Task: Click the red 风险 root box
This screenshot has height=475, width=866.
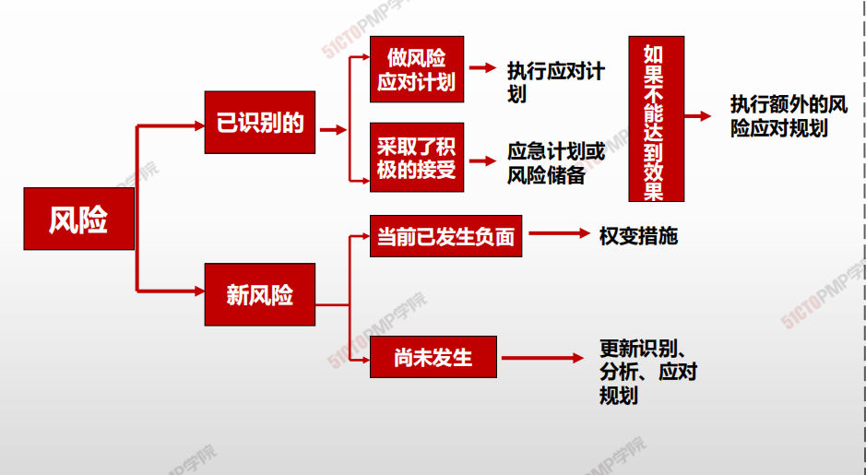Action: tap(79, 219)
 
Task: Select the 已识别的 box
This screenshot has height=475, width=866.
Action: tap(259, 122)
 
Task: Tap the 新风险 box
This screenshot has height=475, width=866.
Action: tap(259, 294)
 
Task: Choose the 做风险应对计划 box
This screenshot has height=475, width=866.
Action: tap(417, 69)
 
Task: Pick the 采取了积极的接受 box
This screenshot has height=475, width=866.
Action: tap(417, 158)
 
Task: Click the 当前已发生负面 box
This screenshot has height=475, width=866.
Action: tap(445, 236)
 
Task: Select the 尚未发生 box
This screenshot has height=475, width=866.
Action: tap(433, 357)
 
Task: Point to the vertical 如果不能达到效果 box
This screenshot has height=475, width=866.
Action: tap(656, 119)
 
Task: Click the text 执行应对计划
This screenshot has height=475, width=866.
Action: tap(555, 82)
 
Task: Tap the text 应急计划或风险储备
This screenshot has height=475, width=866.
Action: tap(555, 163)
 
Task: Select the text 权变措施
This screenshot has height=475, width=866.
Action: tap(638, 236)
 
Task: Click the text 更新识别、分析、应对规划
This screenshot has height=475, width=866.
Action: tap(647, 372)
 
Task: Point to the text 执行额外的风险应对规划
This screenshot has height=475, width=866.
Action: tap(789, 116)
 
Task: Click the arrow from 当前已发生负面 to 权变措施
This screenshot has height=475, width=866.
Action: tap(559, 233)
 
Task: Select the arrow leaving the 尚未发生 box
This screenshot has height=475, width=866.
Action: tap(542, 358)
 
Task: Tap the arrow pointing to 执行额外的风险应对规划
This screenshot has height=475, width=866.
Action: tap(697, 116)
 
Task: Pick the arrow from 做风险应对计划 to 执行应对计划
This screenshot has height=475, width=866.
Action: tap(482, 68)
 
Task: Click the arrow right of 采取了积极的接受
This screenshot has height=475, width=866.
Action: tap(482, 160)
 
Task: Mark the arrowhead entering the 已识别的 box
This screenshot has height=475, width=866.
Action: tap(199, 126)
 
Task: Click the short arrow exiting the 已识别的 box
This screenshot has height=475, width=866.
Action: tap(333, 130)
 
